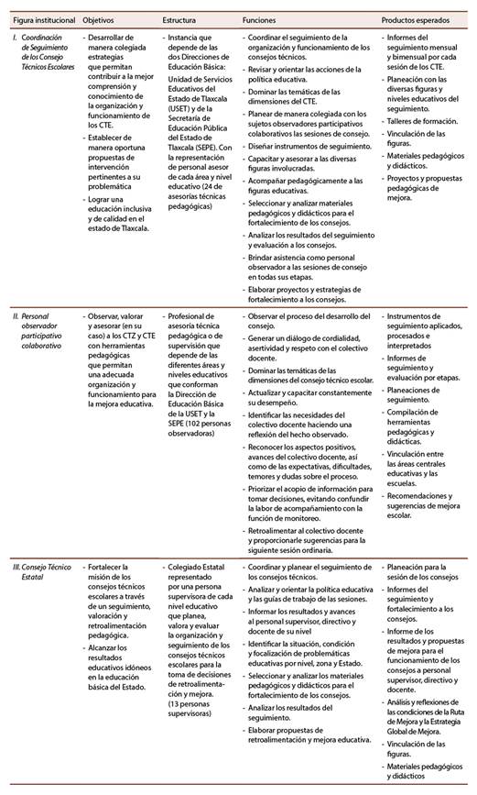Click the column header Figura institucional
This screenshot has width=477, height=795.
click(38, 18)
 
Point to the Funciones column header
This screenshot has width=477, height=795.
click(261, 18)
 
